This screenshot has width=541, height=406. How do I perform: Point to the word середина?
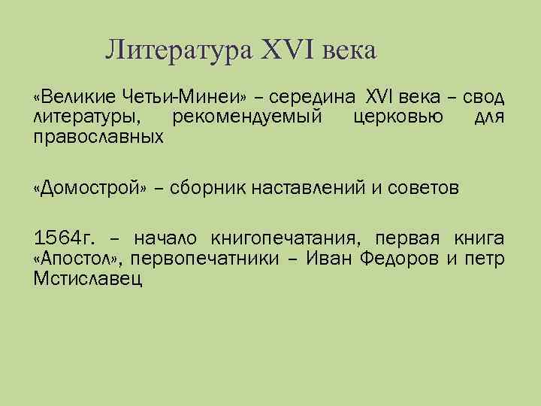click(313, 98)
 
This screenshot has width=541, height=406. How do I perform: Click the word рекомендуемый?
click(247, 117)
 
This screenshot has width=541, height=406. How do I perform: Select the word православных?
click(98, 137)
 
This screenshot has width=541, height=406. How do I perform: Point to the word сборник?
click(212, 187)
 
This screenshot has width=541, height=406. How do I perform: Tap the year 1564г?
click(64, 239)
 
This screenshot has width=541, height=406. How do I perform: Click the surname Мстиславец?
click(88, 280)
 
